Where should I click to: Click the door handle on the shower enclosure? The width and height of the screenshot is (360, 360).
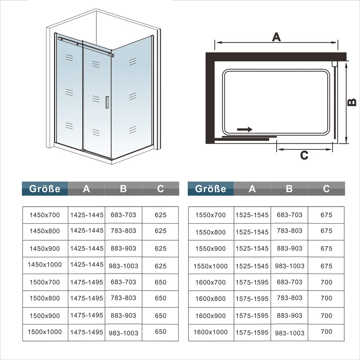(x=107, y=103)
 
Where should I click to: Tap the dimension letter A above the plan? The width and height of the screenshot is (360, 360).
(x=276, y=37)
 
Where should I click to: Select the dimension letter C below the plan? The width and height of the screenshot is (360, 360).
(x=304, y=155)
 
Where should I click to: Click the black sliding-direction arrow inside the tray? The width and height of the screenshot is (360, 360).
(x=245, y=130)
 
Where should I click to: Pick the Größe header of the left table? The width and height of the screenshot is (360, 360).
(x=45, y=189)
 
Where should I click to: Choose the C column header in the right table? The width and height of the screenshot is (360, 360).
(x=326, y=189)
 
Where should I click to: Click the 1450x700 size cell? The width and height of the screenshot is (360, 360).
(x=45, y=215)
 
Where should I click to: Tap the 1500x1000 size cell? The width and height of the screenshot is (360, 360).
(x=45, y=332)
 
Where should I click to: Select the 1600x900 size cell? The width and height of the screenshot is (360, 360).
(x=211, y=316)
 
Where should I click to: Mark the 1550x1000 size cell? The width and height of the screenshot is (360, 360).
(x=211, y=266)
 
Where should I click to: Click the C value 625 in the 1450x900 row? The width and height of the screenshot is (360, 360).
(x=161, y=249)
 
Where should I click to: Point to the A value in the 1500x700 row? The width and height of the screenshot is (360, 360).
(x=86, y=282)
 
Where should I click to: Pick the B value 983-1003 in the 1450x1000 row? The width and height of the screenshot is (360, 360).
(x=123, y=266)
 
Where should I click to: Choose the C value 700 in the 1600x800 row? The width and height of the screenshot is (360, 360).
(x=327, y=298)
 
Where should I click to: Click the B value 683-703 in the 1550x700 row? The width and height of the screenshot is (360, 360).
(x=289, y=215)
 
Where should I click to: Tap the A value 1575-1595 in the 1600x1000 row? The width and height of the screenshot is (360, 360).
(x=252, y=333)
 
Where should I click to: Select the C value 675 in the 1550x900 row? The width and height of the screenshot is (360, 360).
(x=327, y=249)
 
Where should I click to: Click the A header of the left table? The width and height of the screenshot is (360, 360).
(x=86, y=189)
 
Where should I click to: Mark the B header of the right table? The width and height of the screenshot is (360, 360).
(x=289, y=189)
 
